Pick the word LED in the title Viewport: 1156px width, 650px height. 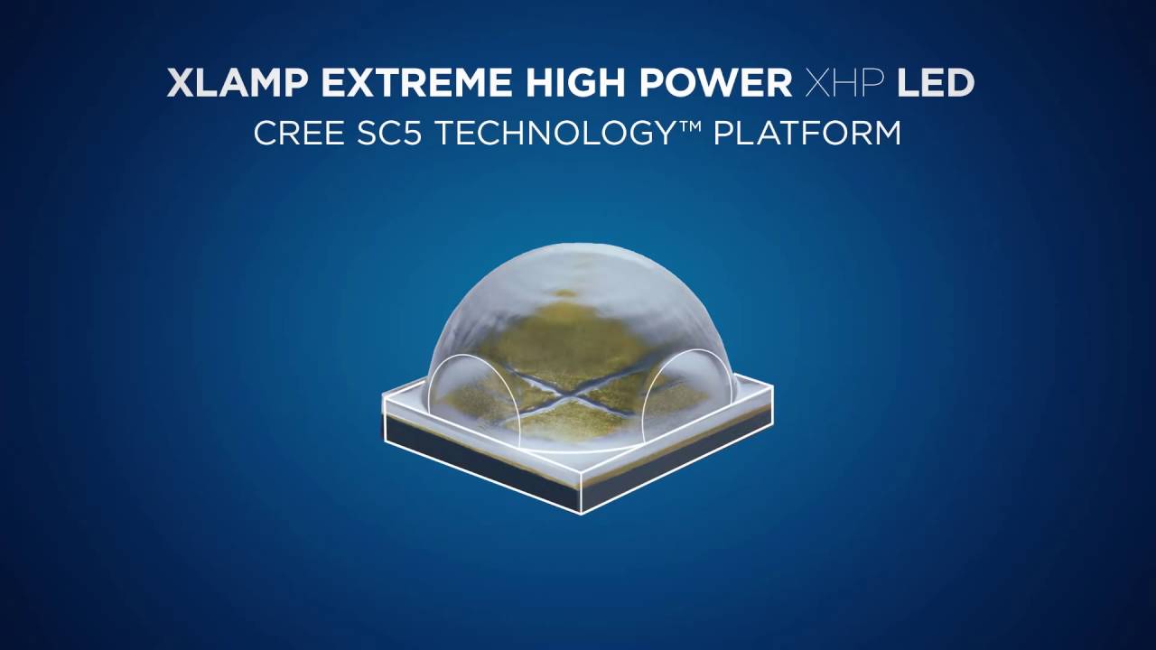coord(935,83)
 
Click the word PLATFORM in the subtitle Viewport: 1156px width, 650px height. coord(807,134)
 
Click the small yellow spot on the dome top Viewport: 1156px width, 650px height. coord(565,292)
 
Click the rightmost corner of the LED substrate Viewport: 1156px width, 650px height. coord(773,388)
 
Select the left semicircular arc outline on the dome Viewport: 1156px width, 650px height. coord(432,397)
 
